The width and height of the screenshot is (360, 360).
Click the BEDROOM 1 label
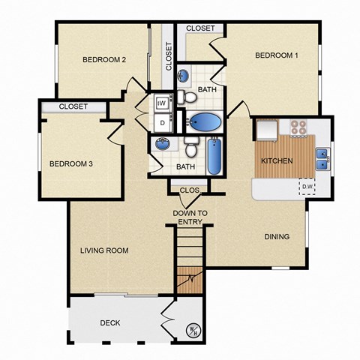click(277, 55)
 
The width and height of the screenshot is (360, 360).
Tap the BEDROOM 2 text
click(103, 60)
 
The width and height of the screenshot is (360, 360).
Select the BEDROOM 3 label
click(71, 164)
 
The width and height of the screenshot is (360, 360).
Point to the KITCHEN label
click(276, 161)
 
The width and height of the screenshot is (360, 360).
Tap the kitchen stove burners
click(299, 127)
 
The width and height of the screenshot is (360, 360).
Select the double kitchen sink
click(322, 158)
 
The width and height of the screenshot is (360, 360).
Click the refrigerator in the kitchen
click(265, 131)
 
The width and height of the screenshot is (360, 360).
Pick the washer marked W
click(161, 103)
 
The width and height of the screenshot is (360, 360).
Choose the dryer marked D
click(161, 121)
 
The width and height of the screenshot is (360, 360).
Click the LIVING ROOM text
click(104, 250)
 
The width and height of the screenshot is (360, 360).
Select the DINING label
click(276, 237)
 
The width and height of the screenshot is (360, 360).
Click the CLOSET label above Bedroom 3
click(73, 106)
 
